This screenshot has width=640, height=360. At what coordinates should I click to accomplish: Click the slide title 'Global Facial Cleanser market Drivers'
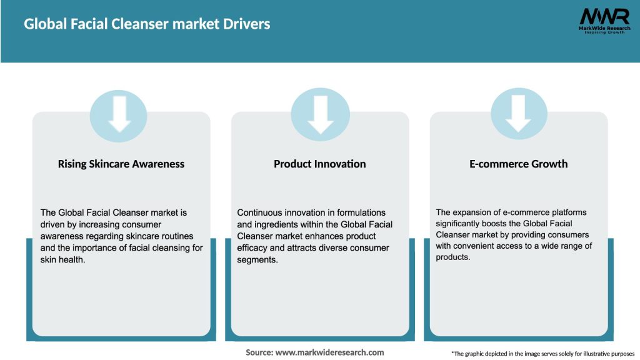click(147, 24)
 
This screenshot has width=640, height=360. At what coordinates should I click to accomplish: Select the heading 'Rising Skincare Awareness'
click(121, 164)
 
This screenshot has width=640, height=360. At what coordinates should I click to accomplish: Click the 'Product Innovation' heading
click(320, 164)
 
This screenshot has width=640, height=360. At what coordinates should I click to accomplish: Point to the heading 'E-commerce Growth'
click(519, 164)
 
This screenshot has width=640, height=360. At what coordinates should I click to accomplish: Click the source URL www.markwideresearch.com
click(330, 352)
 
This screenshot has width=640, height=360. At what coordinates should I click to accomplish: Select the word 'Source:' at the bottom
click(259, 352)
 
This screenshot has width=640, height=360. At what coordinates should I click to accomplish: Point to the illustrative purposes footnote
click(542, 354)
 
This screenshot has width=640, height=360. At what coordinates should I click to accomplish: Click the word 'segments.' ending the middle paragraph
click(257, 260)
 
